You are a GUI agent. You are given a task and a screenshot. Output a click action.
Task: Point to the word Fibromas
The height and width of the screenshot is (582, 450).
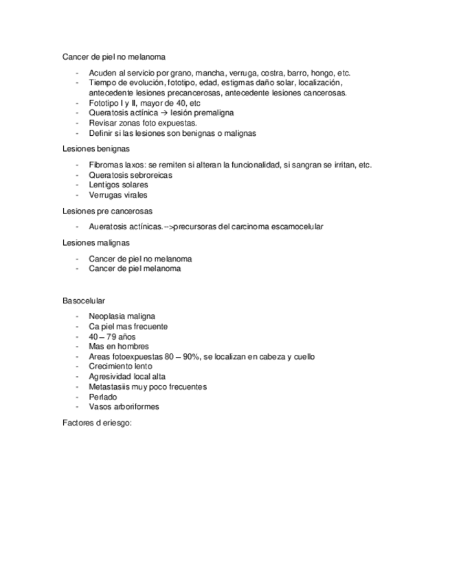tap(104, 165)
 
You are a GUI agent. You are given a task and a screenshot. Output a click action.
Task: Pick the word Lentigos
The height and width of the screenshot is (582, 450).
tap(104, 185)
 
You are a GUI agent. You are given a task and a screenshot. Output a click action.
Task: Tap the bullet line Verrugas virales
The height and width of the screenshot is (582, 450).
tap(118, 195)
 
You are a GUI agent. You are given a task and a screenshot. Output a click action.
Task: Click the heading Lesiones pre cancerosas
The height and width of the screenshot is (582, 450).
tap(107, 211)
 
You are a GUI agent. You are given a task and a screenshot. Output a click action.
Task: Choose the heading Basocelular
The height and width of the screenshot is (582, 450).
tap(83, 301)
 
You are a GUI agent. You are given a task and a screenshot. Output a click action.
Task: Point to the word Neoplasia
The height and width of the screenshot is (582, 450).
tap(107, 317)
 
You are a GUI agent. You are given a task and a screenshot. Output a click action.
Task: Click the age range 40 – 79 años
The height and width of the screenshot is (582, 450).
tap(113, 337)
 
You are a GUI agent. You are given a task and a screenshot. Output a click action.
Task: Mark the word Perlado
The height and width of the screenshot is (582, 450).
tap(103, 397)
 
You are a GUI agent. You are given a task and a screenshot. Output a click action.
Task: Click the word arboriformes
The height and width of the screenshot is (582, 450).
tap(135, 406)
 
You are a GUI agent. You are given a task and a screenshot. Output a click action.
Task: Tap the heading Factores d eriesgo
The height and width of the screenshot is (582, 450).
tap(96, 423)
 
